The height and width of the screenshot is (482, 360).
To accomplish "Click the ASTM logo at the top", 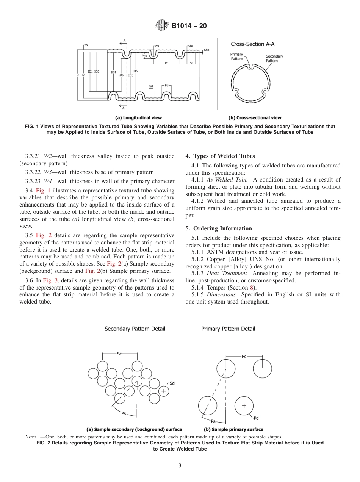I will tap(162, 26).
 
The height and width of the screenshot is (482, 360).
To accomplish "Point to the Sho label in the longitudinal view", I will tap(207, 50).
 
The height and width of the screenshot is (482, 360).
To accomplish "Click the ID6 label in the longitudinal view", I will tap(135, 71).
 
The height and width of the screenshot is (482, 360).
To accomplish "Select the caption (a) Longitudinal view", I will tap(138, 118).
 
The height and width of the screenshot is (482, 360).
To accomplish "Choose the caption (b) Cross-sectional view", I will tap(255, 118).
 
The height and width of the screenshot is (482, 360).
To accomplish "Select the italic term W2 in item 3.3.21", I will tap(48, 156).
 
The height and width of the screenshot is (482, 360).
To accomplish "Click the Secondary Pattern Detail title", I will tap(135, 329).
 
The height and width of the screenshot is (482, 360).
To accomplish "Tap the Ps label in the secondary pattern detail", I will tap(124, 413).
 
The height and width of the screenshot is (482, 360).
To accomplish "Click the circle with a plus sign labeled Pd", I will tap(244, 406).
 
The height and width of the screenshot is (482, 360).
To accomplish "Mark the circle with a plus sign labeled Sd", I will tap(163, 391).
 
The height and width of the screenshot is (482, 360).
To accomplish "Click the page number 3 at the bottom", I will tap(180, 465).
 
